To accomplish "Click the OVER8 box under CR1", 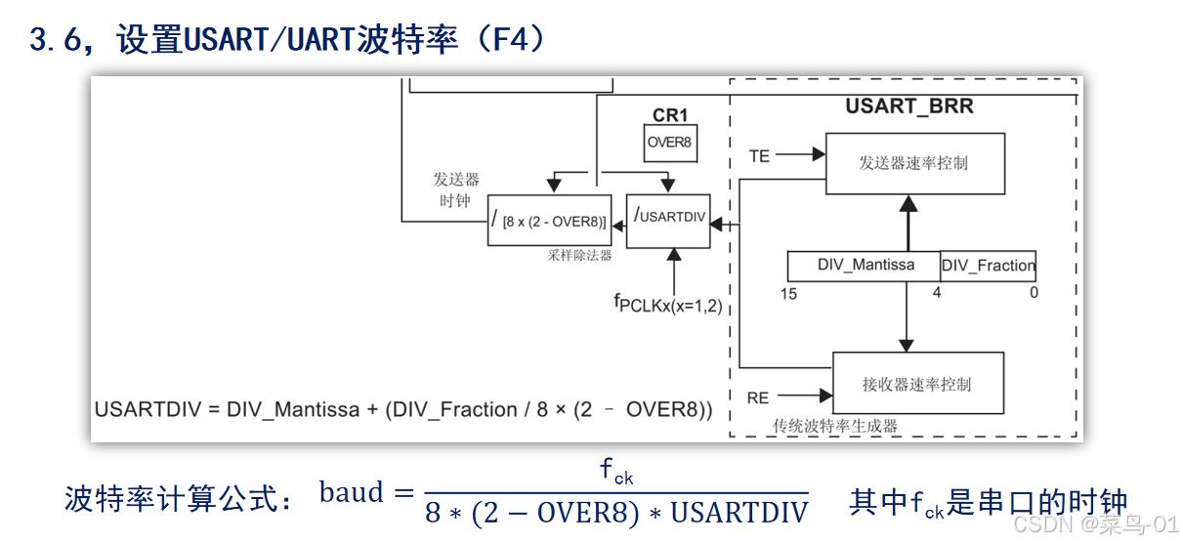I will coord(669,143).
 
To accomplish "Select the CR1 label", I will coord(670,115).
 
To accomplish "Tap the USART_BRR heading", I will coord(908,106).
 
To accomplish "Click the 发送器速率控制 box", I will coord(914,164).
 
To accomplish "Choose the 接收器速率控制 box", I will coord(917,384).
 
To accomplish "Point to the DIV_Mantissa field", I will coord(866,266).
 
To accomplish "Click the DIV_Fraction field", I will coord(988,266).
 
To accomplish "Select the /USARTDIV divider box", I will coord(669,219).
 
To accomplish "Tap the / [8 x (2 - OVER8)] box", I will coord(549,221).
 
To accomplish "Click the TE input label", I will coord(759,155).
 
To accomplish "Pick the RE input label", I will coord(758,397).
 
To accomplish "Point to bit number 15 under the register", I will coord(788,293).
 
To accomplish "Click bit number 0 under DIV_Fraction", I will coord(1034,293).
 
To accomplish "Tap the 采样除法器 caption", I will coord(580,256).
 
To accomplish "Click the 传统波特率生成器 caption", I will coord(835,426).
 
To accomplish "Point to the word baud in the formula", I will coord(352,493).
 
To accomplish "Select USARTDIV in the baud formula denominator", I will coord(739,513).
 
